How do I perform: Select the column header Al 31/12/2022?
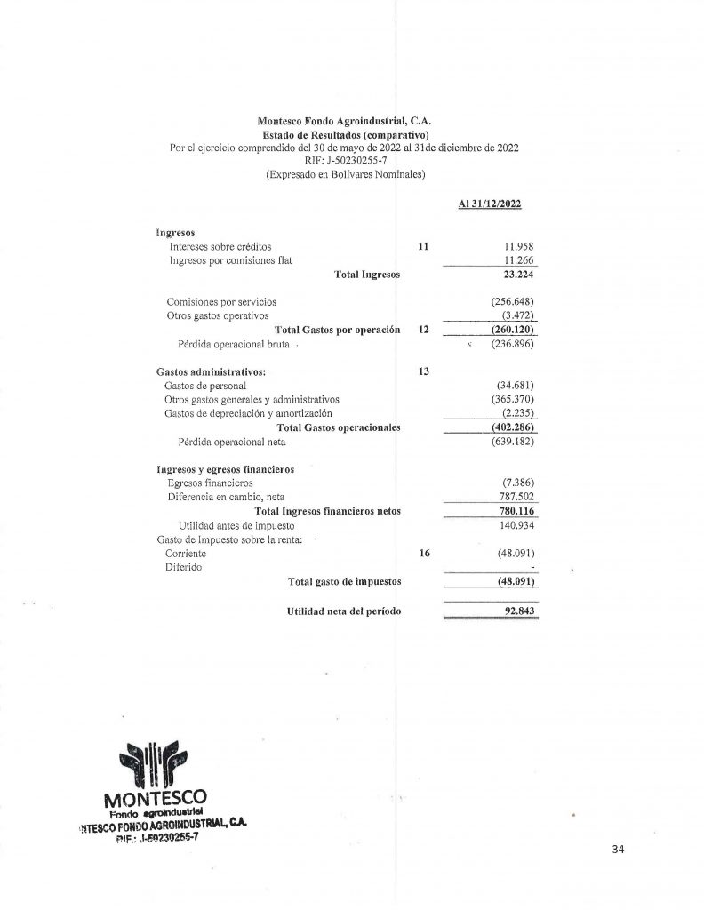pyautogui.click(x=489, y=204)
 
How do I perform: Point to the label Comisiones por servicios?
pyautogui.click(x=221, y=301)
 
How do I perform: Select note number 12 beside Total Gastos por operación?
pyautogui.click(x=424, y=329)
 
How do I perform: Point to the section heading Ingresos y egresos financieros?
pyautogui.click(x=226, y=468)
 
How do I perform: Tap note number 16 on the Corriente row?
pyautogui.click(x=424, y=553)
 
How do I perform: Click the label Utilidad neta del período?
pyautogui.click(x=344, y=612)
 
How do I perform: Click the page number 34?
pyautogui.click(x=620, y=850)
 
